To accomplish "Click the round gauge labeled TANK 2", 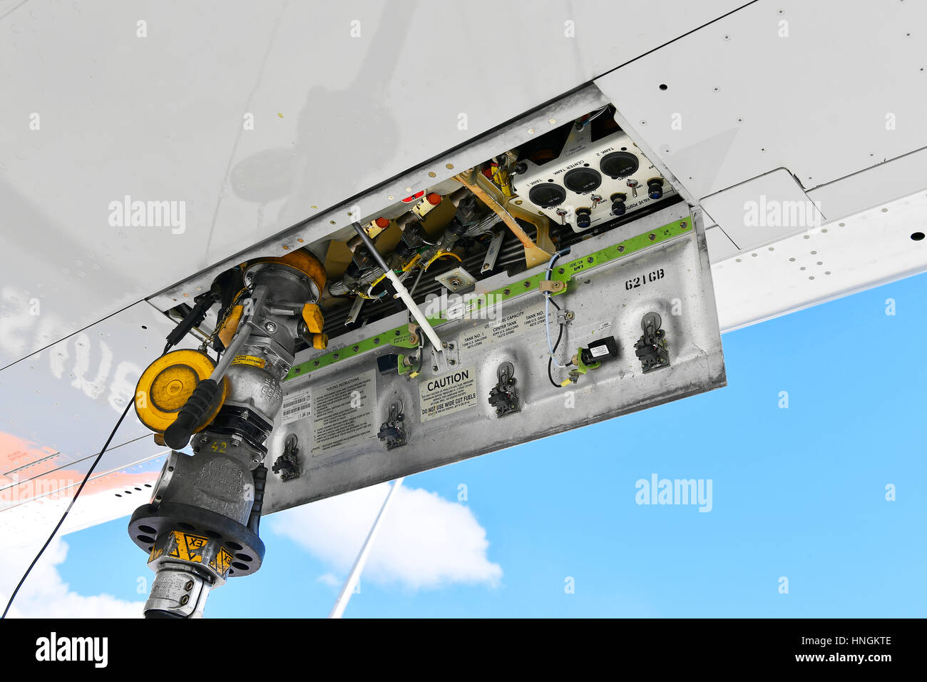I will (x=618, y=164).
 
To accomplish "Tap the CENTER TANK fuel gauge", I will (x=582, y=180).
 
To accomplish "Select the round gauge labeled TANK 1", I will (x=548, y=195).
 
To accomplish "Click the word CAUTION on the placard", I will (x=448, y=378).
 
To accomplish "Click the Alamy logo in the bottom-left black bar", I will (x=71, y=650).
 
